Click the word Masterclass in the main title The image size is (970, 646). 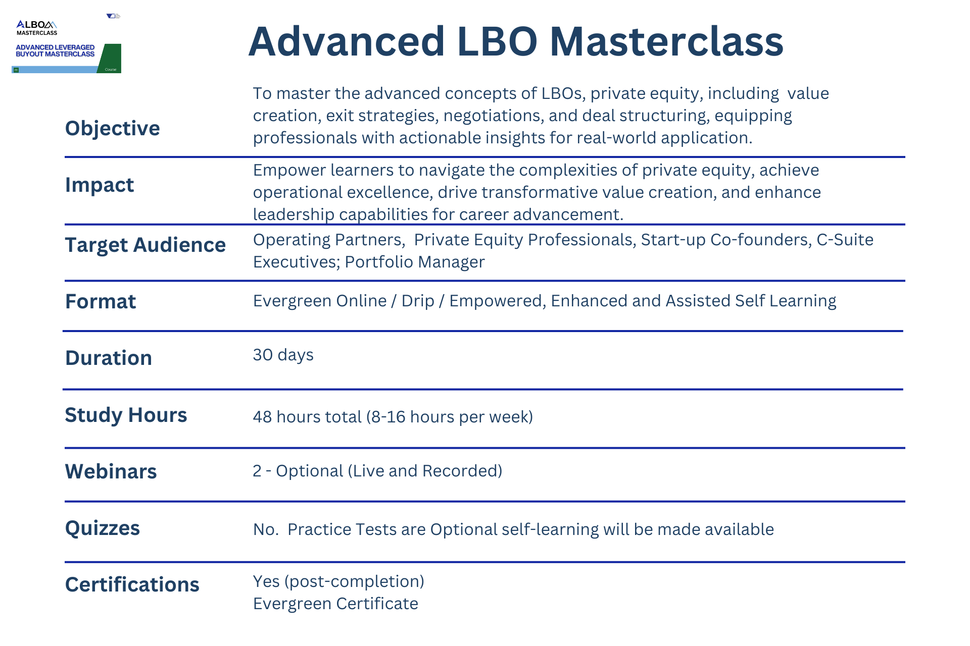click(x=666, y=41)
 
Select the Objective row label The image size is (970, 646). click(x=112, y=129)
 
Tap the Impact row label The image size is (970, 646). click(x=100, y=185)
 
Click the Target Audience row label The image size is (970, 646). click(x=145, y=245)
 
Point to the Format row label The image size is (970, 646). click(x=101, y=301)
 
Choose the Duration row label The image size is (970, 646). click(x=109, y=358)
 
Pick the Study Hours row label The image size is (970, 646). click(x=126, y=415)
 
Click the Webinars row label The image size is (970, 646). click(x=111, y=471)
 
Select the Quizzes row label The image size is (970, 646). click(x=103, y=528)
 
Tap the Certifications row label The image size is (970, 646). click(x=132, y=584)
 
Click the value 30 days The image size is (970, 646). click(x=283, y=355)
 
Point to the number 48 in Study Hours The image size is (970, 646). click(x=262, y=417)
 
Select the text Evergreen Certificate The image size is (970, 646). click(x=336, y=604)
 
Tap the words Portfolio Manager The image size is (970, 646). click(x=415, y=262)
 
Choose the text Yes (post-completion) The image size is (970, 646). click(x=338, y=582)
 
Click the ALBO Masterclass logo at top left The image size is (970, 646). click(x=37, y=28)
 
